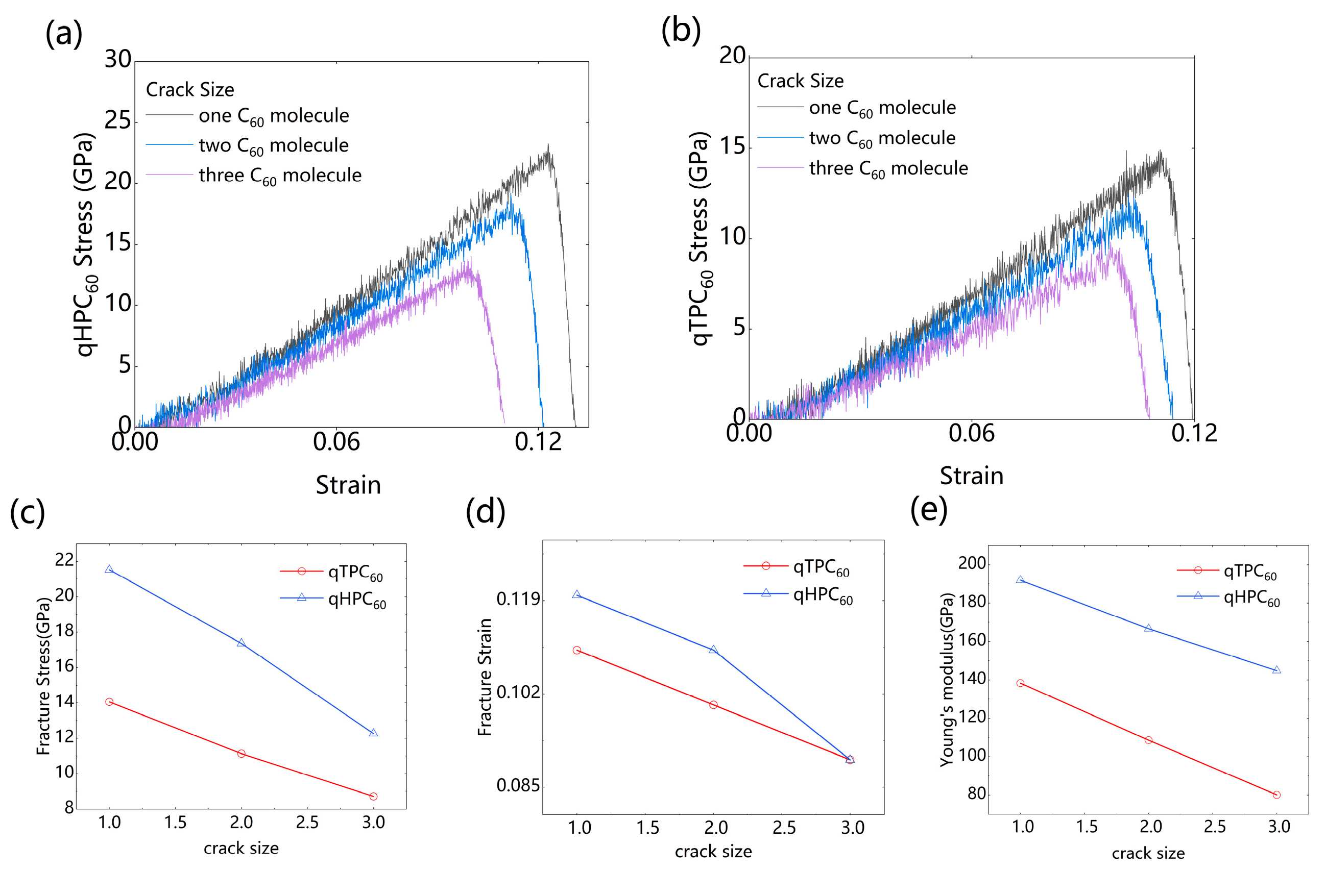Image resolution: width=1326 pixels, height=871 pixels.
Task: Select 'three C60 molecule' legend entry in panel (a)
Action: tap(280, 176)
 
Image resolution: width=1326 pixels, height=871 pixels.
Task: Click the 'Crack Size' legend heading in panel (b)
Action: tap(800, 81)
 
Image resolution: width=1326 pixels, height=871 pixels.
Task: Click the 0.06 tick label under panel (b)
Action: tap(971, 433)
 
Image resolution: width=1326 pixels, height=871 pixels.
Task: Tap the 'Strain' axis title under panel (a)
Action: tap(348, 485)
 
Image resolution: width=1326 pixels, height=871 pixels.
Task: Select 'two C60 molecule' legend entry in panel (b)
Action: tap(881, 138)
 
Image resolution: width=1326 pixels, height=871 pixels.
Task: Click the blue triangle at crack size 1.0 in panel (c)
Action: tap(109, 569)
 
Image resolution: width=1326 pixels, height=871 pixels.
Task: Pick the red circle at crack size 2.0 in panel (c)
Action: tap(241, 754)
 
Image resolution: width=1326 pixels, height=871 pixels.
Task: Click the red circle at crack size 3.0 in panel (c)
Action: tap(373, 797)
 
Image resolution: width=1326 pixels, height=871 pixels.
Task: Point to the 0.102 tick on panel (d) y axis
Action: tap(518, 692)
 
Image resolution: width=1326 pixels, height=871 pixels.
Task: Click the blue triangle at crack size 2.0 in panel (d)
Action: tap(713, 650)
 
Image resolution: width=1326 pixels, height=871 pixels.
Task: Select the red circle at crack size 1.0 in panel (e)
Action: tap(1020, 683)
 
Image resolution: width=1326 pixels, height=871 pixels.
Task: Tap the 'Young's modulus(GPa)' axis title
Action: tap(947, 680)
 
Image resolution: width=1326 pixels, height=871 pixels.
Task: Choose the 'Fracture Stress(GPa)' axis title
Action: tap(43, 676)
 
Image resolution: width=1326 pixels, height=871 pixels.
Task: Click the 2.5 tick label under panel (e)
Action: tap(1215, 827)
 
